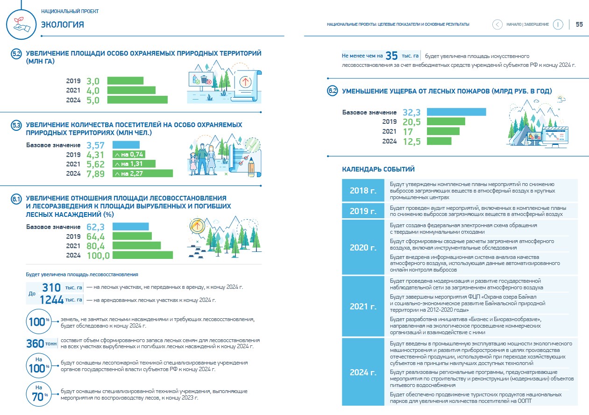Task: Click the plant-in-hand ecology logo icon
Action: (x=21, y=24)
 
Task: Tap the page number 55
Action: (x=579, y=24)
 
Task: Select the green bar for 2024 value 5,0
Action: (x=137, y=100)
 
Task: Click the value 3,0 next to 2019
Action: (x=93, y=81)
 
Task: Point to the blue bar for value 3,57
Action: (x=126, y=145)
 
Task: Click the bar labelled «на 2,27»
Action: (x=142, y=173)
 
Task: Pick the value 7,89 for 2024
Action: (x=95, y=174)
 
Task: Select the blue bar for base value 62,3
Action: (x=130, y=227)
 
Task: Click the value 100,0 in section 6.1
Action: (x=98, y=256)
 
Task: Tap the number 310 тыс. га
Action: (x=62, y=287)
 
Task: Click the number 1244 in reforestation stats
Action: (x=51, y=300)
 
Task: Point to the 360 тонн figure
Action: (x=41, y=343)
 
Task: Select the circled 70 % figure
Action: (x=39, y=394)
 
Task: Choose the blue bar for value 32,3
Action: (x=456, y=112)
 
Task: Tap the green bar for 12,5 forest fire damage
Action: (x=439, y=141)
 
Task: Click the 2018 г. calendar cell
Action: (x=363, y=190)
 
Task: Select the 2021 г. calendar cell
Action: (x=363, y=306)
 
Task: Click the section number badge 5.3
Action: (x=16, y=125)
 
